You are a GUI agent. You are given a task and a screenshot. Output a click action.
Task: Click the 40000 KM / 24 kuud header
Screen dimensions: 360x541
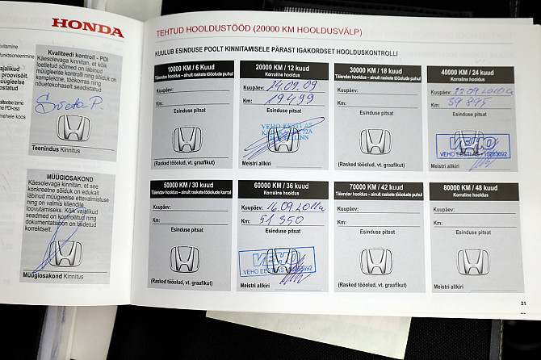[470, 72]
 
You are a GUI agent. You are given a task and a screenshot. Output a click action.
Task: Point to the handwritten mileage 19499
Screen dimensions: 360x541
[288, 99]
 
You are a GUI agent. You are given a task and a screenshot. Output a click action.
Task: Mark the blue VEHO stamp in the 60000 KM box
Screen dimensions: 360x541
[276, 262]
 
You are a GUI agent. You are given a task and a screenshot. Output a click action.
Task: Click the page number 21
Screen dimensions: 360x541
[523, 303]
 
